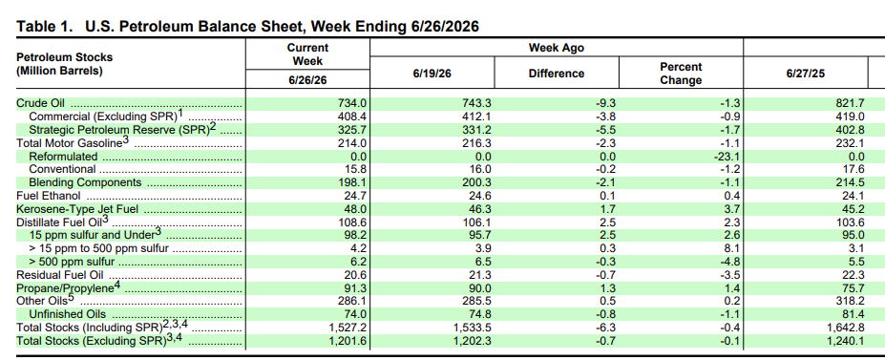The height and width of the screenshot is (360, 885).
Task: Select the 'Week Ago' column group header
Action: click(556, 48)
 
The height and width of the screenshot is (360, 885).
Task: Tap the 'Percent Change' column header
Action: click(681, 74)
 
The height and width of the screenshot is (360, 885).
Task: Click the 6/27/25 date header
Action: click(805, 74)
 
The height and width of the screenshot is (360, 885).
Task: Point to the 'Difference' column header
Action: click(556, 74)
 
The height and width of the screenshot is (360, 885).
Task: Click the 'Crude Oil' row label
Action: click(40, 103)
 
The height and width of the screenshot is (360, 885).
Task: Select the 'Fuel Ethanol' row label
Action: click(49, 196)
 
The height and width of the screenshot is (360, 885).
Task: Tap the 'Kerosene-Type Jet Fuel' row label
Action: click(77, 209)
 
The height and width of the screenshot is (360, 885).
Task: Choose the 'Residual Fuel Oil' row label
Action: click(60, 275)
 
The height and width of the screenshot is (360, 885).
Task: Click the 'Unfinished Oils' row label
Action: click(67, 314)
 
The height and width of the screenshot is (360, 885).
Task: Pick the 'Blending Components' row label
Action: click(85, 182)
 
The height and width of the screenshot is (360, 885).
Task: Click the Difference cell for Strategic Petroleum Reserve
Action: click(604, 130)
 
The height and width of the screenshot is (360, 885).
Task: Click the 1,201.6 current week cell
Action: click(348, 341)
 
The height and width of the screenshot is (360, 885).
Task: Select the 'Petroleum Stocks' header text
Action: click(64, 57)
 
